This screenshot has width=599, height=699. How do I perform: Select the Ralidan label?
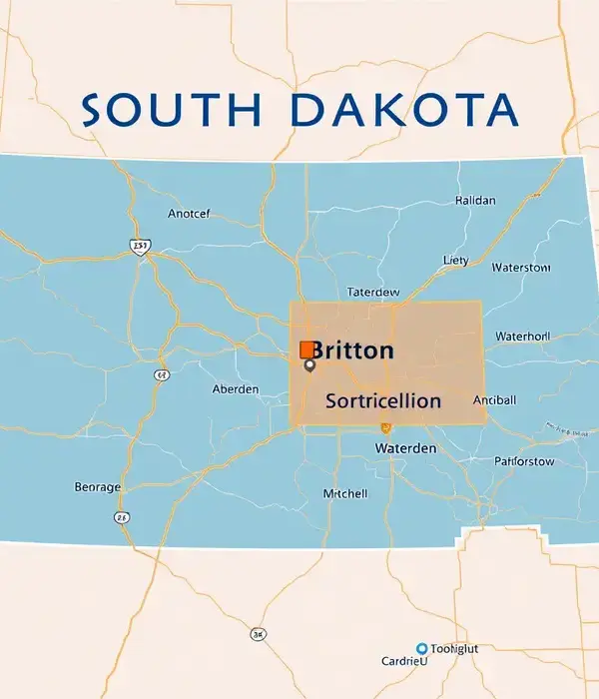(475, 200)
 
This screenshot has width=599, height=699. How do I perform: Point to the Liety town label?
(455, 260)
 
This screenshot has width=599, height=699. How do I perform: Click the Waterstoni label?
(521, 268)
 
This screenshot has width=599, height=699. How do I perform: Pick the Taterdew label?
(372, 293)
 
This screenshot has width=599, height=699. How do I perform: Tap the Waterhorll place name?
(522, 337)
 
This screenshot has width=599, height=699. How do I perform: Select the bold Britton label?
(352, 350)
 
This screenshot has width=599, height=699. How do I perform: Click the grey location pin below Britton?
(309, 366)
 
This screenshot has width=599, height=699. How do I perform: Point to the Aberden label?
(236, 389)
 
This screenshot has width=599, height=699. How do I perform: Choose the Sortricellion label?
(383, 400)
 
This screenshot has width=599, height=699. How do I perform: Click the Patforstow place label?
(523, 461)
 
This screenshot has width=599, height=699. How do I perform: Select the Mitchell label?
(345, 493)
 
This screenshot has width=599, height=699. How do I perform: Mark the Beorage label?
(98, 487)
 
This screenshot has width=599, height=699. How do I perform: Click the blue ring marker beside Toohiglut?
(421, 648)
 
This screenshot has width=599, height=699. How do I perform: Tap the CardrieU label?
(404, 661)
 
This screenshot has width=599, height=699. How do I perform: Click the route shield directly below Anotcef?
(140, 246)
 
